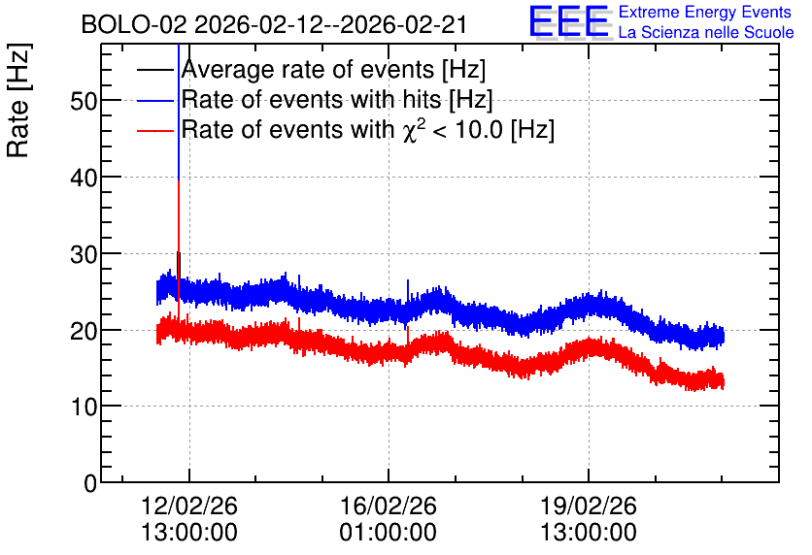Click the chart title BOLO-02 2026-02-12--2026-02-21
tap(274, 24)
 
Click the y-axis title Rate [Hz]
tap(18, 100)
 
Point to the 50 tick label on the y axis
tap(84, 101)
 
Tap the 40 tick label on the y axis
tap(84, 178)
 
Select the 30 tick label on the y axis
tap(84, 254)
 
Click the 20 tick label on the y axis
tap(84, 331)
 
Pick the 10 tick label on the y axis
tap(84, 408)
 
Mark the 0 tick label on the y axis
tap(90, 483)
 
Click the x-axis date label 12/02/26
tap(189, 506)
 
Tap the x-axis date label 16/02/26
tap(388, 506)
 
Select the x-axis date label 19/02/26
tap(589, 506)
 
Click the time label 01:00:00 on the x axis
tap(388, 533)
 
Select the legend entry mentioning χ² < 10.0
tap(368, 129)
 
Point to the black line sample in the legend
tap(154, 70)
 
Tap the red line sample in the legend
tap(154, 130)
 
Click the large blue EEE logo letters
tap(569, 21)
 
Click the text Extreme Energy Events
tap(705, 12)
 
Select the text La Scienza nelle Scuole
tap(706, 32)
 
